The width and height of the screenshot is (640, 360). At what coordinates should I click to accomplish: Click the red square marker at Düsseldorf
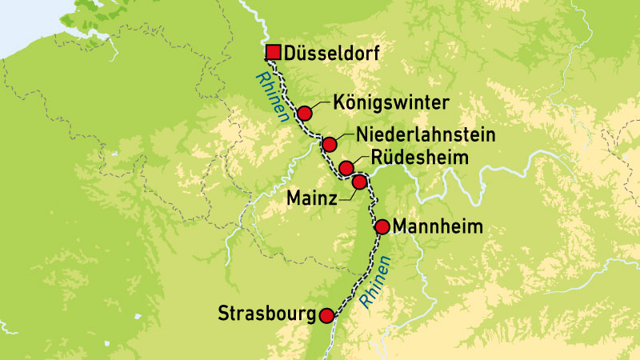[x=272, y=54]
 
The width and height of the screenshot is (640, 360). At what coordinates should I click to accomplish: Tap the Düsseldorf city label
[x=329, y=54]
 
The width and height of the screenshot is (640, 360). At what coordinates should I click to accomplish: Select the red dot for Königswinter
[x=304, y=113]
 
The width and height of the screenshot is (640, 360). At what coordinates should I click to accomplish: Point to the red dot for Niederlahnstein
[x=329, y=145]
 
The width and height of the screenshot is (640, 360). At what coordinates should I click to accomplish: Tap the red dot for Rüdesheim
[x=346, y=167]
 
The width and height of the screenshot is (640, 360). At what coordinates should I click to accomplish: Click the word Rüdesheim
[x=420, y=158]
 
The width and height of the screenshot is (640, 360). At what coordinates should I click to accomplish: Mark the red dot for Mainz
[x=359, y=182]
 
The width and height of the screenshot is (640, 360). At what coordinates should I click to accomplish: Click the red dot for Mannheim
[x=382, y=226]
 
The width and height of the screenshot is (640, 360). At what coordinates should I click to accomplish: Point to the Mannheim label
[x=438, y=227]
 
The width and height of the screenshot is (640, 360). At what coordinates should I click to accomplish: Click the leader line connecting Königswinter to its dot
[x=318, y=106]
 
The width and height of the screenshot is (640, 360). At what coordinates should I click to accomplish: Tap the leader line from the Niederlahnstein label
[x=342, y=137]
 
